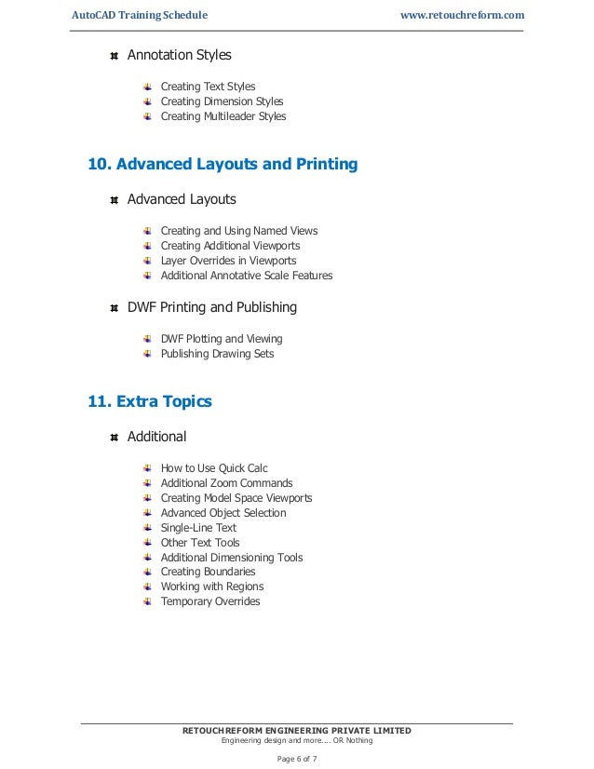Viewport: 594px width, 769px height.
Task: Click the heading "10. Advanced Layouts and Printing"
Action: (x=222, y=165)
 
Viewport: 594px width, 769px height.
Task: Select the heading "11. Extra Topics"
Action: (x=149, y=402)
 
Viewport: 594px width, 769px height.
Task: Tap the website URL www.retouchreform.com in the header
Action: (x=461, y=15)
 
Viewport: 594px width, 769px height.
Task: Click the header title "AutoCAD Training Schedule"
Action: (x=140, y=15)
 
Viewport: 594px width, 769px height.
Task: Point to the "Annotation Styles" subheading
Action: (x=179, y=55)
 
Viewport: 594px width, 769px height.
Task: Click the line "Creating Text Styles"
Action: (x=208, y=87)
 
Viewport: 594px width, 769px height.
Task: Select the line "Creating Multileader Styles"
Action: (x=223, y=116)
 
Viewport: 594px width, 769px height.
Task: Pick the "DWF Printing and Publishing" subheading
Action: (x=211, y=307)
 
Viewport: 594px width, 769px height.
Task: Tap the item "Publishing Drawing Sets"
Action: (x=217, y=354)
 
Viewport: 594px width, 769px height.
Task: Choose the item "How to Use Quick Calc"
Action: (x=214, y=468)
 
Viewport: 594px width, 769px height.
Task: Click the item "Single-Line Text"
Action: (x=198, y=528)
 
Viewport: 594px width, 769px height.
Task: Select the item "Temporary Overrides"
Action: (x=210, y=601)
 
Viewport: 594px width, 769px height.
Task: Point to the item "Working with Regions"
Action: (x=212, y=587)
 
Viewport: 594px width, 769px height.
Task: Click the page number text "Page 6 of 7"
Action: (x=296, y=758)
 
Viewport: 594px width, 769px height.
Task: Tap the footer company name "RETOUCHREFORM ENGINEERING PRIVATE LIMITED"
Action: (x=296, y=730)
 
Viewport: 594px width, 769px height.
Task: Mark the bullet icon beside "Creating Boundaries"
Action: (x=148, y=572)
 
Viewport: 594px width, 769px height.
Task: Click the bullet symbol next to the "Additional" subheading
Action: (x=114, y=437)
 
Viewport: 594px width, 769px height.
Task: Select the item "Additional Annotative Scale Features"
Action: (x=246, y=276)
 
